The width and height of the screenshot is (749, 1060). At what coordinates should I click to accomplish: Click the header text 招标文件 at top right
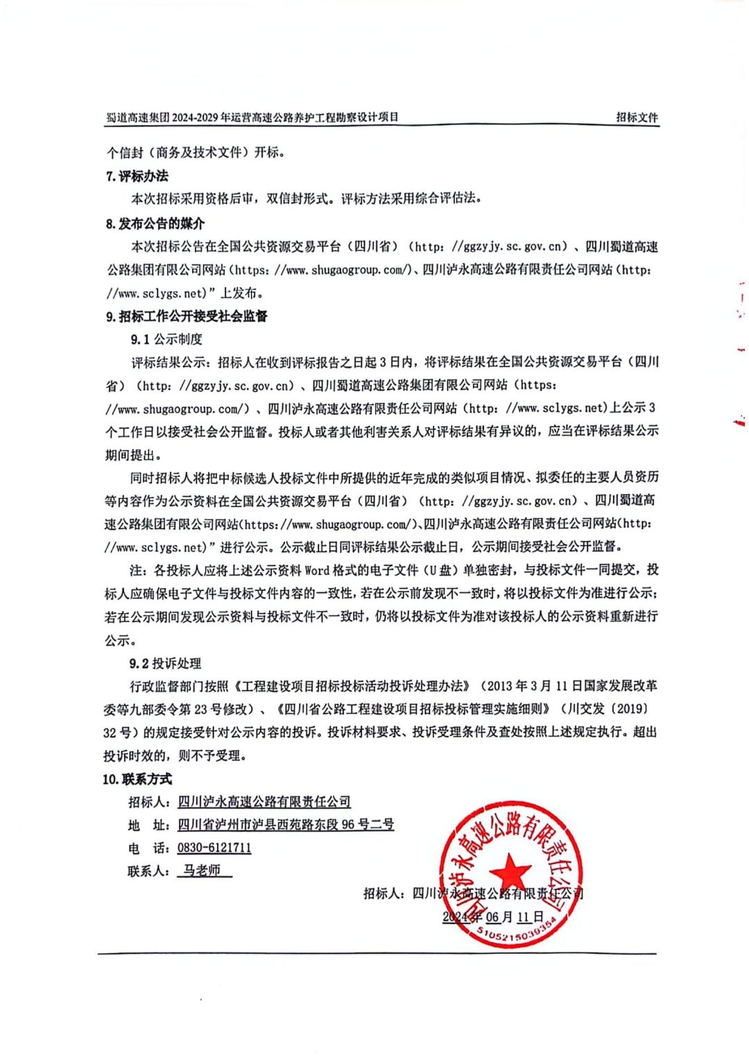point(637,117)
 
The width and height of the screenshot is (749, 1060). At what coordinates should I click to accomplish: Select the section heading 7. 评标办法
point(137,176)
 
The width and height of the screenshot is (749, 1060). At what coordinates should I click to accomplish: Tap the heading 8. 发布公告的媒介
point(155,223)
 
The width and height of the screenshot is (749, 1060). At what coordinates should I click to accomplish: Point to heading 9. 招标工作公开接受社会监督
point(187,316)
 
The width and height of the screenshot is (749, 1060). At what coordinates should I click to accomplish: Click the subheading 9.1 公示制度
point(166,339)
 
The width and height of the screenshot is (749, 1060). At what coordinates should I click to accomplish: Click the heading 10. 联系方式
point(137,778)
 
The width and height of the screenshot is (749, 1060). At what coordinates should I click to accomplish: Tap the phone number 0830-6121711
point(214,847)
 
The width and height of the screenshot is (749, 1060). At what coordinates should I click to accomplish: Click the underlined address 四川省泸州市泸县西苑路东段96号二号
point(286,824)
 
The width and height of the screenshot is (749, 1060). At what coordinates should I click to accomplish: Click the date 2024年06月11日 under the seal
point(493,916)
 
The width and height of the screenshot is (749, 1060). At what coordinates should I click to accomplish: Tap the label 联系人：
point(148,871)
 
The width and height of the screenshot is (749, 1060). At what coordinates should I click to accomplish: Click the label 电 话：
point(148,848)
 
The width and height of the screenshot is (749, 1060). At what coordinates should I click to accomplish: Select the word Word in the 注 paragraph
point(317,570)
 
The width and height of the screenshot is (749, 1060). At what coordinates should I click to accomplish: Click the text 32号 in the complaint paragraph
point(119,732)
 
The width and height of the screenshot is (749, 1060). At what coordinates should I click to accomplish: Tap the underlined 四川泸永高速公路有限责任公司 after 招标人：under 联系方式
point(264,801)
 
